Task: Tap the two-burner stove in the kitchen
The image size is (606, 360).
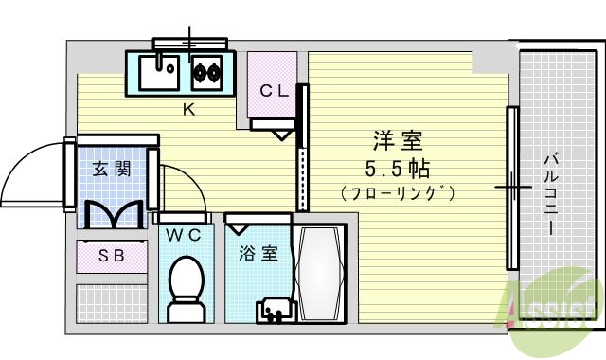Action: [x=205, y=70]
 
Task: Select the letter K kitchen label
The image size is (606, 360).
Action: [x=188, y=108]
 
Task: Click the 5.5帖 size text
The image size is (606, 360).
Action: [x=398, y=169]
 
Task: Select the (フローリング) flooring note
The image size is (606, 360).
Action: [x=398, y=193]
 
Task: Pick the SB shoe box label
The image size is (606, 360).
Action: [x=112, y=254]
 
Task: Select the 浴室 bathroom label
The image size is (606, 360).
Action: [x=258, y=254]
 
